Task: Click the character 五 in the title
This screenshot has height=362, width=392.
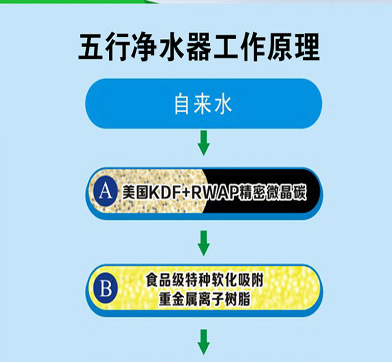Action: tap(93, 48)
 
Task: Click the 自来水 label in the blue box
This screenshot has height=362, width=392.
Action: tap(203, 105)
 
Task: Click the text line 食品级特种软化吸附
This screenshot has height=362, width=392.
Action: tap(205, 281)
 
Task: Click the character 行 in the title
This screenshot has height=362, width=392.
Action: tap(123, 48)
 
